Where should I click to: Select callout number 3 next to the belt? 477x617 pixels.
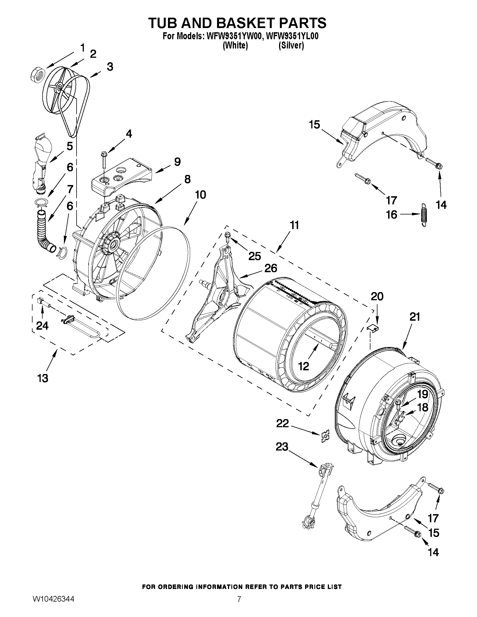pos(110,67)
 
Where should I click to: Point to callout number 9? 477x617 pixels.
pos(177,162)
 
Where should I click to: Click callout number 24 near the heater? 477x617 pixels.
pos(42,326)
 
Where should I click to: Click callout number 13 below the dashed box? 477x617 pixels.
pos(43,378)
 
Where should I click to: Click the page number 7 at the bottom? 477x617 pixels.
pos(239,598)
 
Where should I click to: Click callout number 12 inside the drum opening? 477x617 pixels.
pos(303,366)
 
